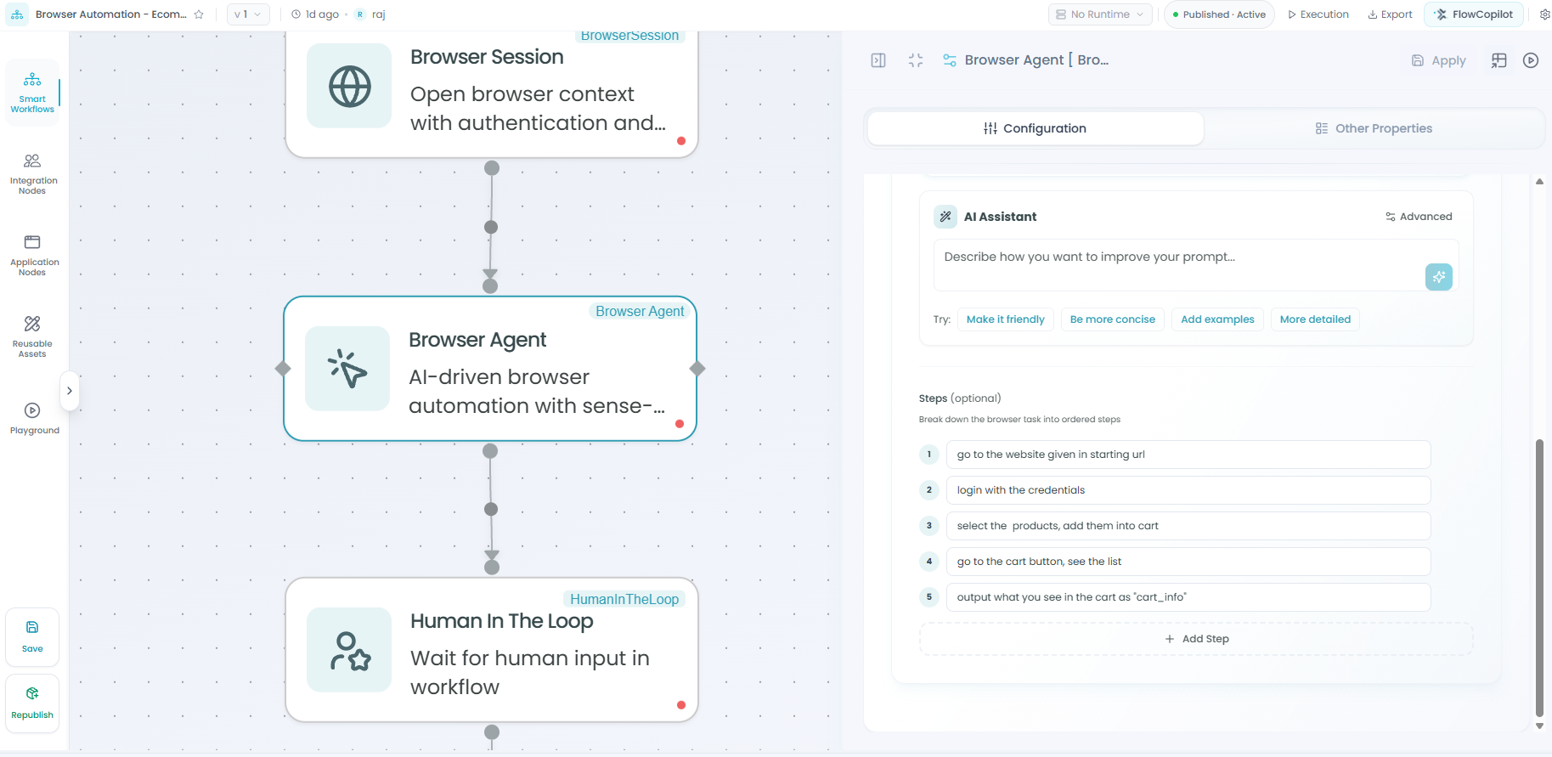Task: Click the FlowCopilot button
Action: [x=1474, y=14]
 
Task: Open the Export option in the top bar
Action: [x=1390, y=14]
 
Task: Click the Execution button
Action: [x=1318, y=14]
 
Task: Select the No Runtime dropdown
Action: [x=1100, y=14]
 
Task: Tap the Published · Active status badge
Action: [x=1219, y=14]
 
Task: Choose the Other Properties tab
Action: [x=1374, y=128]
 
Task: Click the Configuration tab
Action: [x=1035, y=128]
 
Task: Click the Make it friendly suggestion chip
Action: [x=1006, y=319]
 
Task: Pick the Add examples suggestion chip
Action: [x=1217, y=319]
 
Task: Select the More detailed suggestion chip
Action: [x=1315, y=319]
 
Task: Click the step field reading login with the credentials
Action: [x=1188, y=490]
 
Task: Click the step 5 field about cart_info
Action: [x=1188, y=597]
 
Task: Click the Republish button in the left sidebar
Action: [x=32, y=703]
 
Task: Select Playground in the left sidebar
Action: [x=34, y=419]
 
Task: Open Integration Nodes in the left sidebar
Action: [x=33, y=174]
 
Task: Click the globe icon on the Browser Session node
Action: [x=350, y=86]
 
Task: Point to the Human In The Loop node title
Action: [x=501, y=621]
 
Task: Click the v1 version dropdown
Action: [x=248, y=14]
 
